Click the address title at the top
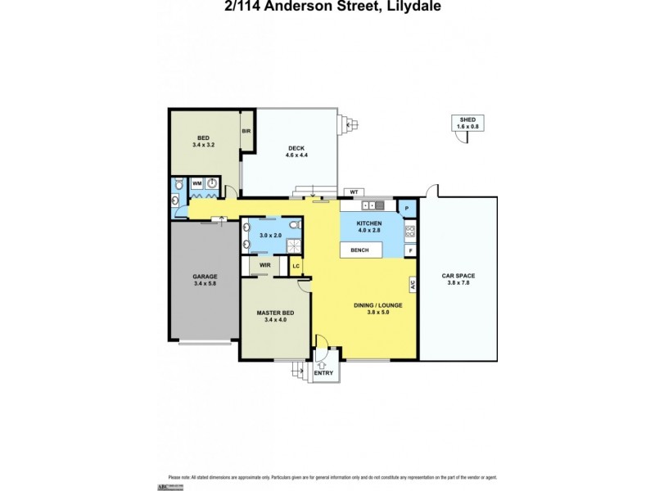[327, 7]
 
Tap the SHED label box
[468, 123]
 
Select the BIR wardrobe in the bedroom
[246, 131]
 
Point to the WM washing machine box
[197, 184]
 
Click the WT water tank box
[354, 191]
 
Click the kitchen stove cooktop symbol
[410, 231]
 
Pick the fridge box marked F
[410, 251]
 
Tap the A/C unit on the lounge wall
[413, 285]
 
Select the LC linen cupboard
[296, 266]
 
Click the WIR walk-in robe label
[264, 265]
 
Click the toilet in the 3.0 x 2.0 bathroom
[296, 223]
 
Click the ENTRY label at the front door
[324, 373]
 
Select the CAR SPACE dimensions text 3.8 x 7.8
[458, 283]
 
